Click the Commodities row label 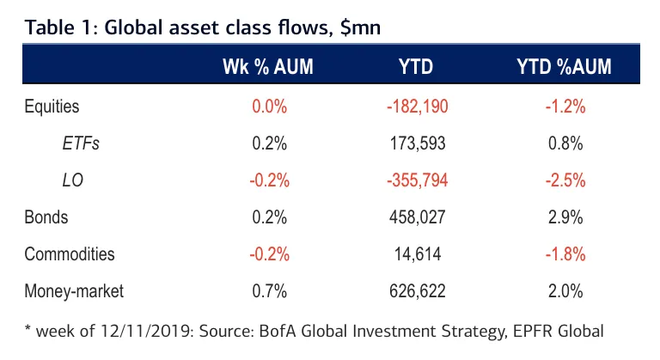tap(69, 254)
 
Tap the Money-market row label tap(74, 291)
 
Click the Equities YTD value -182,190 tap(416, 107)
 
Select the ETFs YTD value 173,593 tap(416, 143)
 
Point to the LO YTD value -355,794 tap(416, 180)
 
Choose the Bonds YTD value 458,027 tap(416, 217)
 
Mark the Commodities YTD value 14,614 tap(416, 254)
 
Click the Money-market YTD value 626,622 tap(416, 291)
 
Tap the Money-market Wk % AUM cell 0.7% tap(269, 291)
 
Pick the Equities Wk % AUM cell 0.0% tap(269, 107)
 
